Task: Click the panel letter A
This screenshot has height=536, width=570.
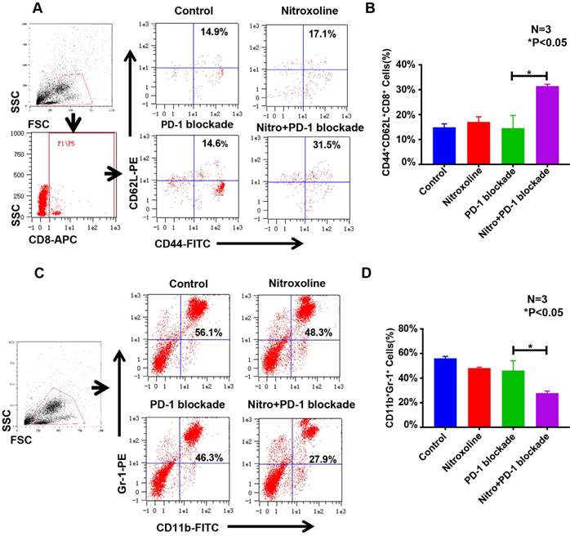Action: [38, 11]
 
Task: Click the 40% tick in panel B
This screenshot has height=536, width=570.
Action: [394, 63]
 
